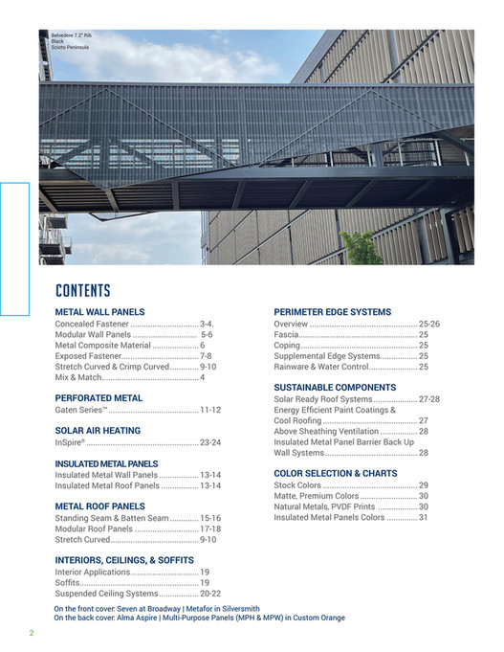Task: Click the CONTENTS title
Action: pyautogui.click(x=83, y=291)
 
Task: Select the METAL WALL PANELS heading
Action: pyautogui.click(x=99, y=312)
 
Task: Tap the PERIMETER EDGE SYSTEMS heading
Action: pyautogui.click(x=332, y=312)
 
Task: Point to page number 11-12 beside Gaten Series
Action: pyautogui.click(x=210, y=410)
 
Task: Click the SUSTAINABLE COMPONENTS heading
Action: pyautogui.click(x=335, y=387)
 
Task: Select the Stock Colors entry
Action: pyautogui.click(x=297, y=485)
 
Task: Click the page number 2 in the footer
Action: pyautogui.click(x=31, y=633)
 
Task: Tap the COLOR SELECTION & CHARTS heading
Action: pyautogui.click(x=335, y=473)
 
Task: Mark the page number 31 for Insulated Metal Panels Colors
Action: pyautogui.click(x=423, y=518)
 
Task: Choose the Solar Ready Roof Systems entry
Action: pyautogui.click(x=322, y=399)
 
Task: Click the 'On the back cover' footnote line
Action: pyautogui.click(x=199, y=618)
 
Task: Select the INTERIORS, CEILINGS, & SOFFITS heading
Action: pyautogui.click(x=124, y=560)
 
